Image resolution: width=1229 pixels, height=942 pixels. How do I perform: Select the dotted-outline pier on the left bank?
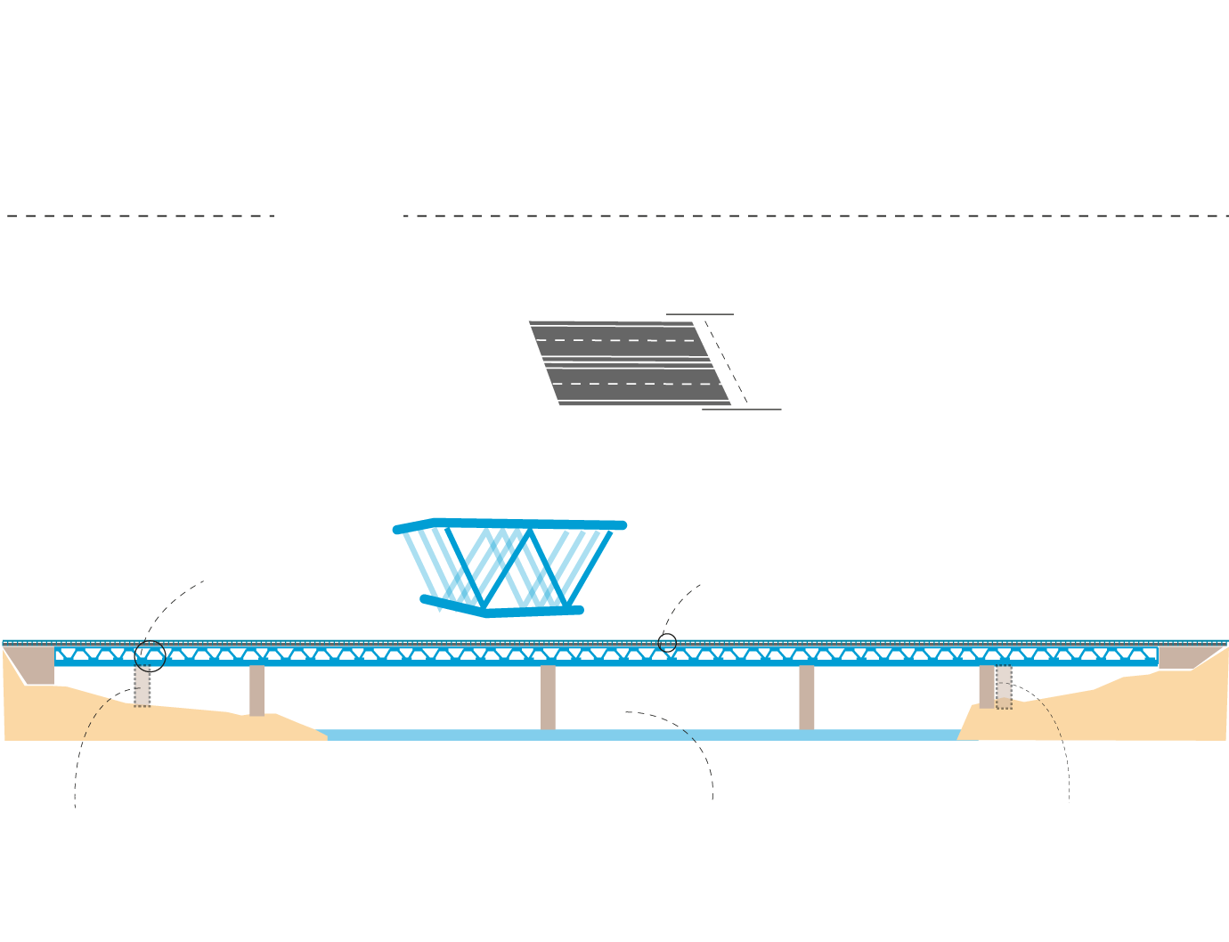(142, 686)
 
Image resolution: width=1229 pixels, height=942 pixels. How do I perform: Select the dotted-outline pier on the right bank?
(1004, 686)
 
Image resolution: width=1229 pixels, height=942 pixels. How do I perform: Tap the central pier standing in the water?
(548, 697)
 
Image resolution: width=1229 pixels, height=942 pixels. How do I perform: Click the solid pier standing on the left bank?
(256, 690)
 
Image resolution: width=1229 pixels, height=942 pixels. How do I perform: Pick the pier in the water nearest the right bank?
(806, 697)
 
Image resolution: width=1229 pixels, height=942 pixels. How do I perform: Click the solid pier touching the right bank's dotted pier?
(986, 686)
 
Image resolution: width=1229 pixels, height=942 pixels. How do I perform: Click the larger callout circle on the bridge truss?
(150, 656)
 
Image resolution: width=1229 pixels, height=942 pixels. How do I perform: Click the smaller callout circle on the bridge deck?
(667, 642)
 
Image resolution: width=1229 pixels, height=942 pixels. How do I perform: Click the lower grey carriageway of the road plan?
(637, 384)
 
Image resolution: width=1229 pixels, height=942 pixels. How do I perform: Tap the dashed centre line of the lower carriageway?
(637, 384)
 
